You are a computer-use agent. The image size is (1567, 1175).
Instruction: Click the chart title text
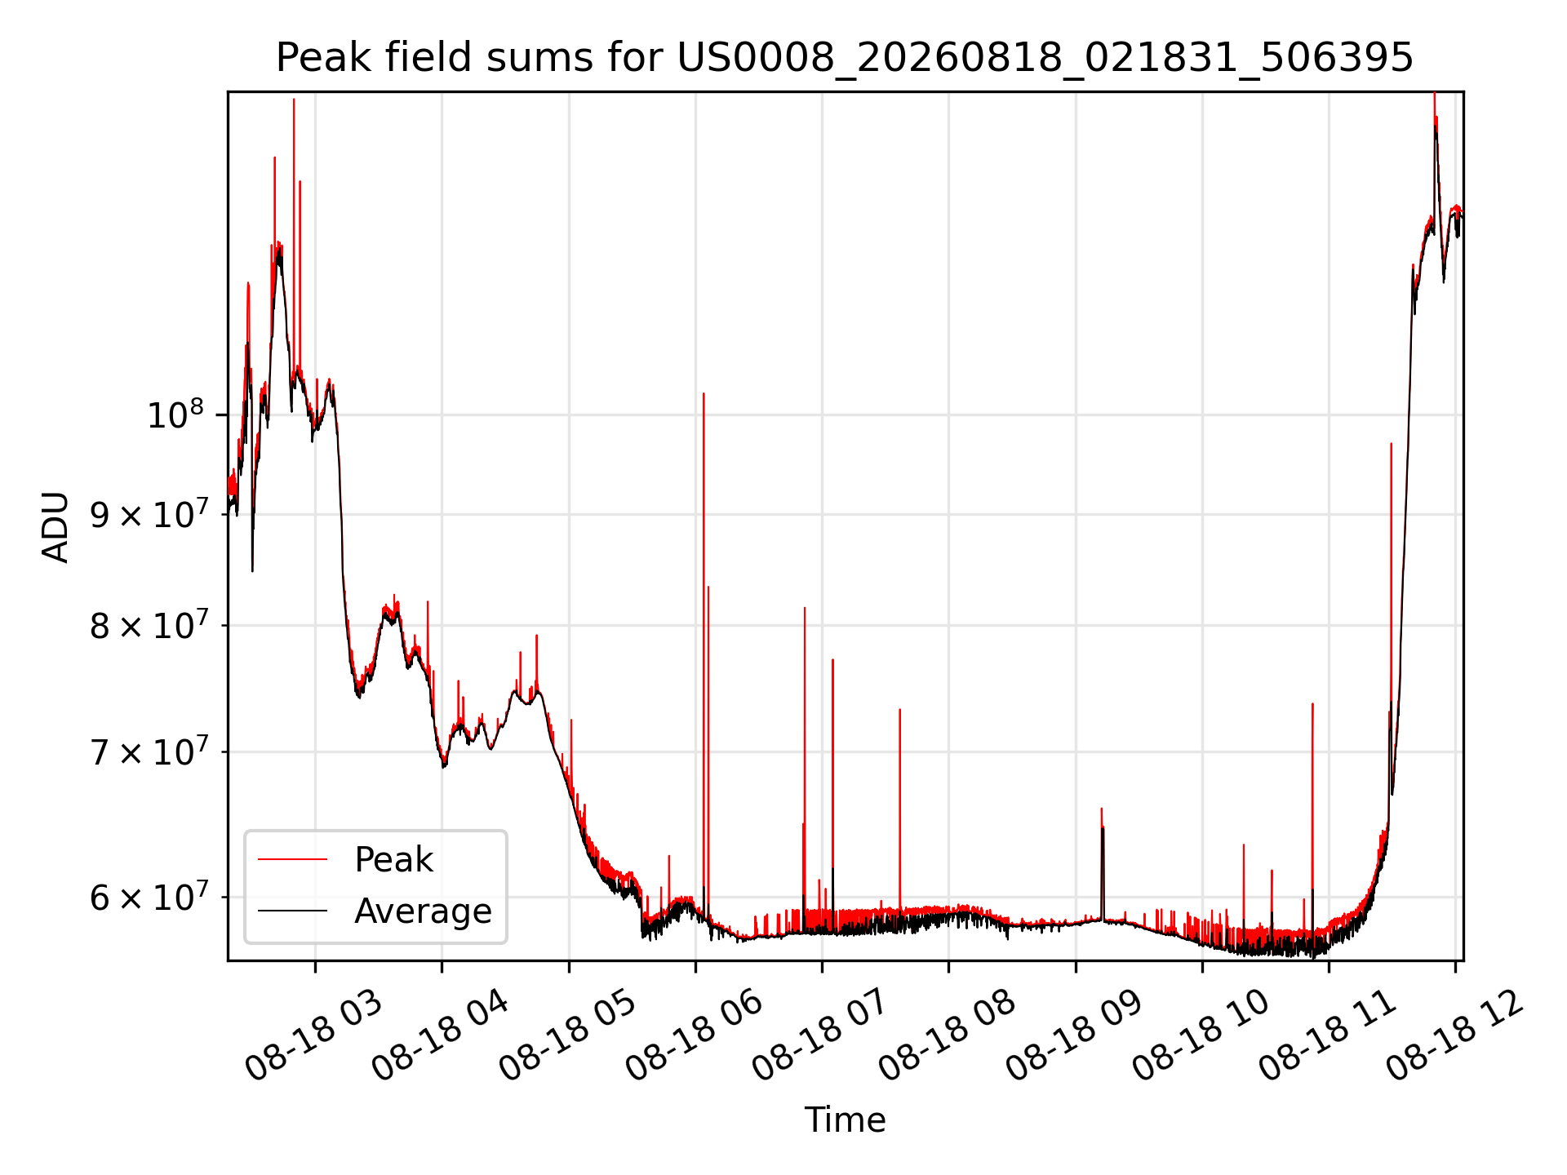click(845, 58)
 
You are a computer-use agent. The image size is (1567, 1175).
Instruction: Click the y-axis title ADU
click(55, 526)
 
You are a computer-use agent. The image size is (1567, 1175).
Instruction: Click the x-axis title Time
click(845, 1120)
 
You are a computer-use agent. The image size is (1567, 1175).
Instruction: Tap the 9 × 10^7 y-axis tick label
click(151, 514)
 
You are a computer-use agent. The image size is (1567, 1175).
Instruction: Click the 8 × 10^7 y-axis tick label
click(151, 626)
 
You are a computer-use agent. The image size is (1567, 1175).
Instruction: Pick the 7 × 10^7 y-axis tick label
click(151, 752)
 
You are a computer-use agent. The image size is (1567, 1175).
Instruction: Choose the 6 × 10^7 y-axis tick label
click(151, 897)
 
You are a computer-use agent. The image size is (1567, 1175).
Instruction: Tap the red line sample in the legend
click(292, 859)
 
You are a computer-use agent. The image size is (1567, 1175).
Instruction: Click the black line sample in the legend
click(292, 911)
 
